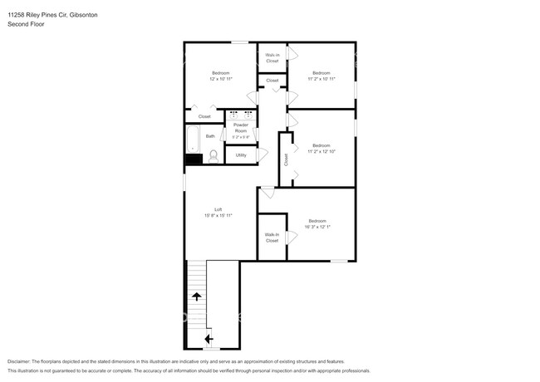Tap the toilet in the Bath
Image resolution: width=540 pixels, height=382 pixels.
coord(213,155)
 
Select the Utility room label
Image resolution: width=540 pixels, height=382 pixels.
coord(241,154)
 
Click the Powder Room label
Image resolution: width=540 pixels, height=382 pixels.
coord(241,129)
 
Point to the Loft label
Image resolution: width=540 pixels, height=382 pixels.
coord(218,209)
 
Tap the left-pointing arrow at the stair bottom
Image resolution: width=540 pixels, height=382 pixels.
coord(208,338)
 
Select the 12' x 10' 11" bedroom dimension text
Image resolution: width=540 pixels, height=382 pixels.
coord(220,78)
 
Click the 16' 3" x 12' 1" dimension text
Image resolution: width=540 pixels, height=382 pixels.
coord(317,226)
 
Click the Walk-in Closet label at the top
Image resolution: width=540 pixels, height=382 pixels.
coord(272,58)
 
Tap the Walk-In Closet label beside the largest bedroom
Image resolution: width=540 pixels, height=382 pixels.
coord(272,238)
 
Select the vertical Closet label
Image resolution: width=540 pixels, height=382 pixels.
coord(286,159)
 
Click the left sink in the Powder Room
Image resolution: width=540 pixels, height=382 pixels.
coord(233,114)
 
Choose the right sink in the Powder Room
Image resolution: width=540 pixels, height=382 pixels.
coord(248,114)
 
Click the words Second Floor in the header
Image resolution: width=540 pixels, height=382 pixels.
coord(26,24)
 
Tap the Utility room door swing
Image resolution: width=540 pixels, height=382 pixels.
coord(263,154)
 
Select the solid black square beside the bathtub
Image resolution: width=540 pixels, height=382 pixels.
coord(193,158)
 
